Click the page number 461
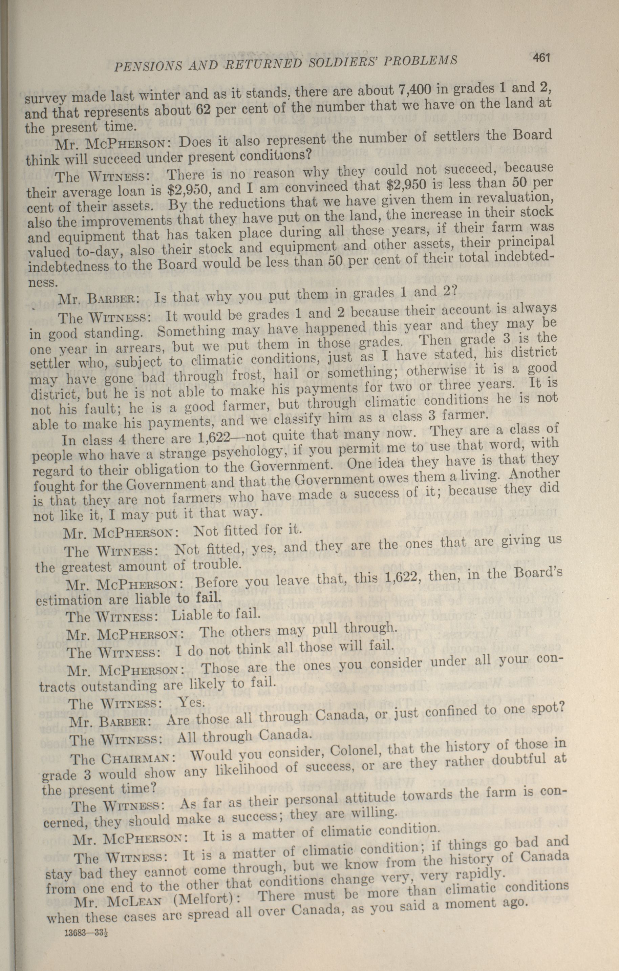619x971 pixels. pos(541,58)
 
